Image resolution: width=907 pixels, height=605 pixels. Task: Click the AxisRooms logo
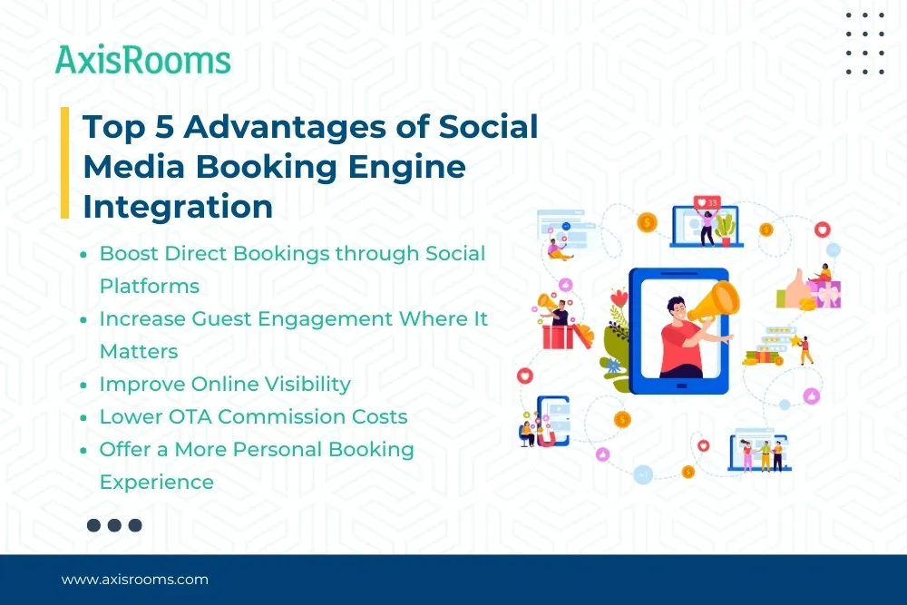(x=143, y=60)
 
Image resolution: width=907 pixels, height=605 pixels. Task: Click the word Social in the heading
(x=488, y=127)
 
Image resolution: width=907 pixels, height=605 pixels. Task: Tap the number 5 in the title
(x=164, y=127)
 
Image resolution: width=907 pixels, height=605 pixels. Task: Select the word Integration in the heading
(x=178, y=207)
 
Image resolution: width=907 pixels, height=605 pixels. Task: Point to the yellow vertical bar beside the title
(x=64, y=162)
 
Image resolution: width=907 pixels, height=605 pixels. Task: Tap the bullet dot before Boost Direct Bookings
(x=83, y=254)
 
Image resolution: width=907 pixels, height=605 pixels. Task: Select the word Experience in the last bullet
(x=157, y=483)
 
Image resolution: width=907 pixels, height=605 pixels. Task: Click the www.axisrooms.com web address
(x=135, y=580)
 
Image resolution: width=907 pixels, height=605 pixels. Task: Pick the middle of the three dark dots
(x=114, y=525)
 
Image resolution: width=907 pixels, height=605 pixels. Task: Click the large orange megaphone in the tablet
(x=715, y=301)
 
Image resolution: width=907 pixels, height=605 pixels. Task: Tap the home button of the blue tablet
(x=681, y=385)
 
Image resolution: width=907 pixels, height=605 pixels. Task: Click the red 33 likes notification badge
(x=707, y=202)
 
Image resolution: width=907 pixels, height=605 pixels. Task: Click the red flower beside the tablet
(x=619, y=298)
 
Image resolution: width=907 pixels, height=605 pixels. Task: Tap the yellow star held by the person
(x=795, y=340)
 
